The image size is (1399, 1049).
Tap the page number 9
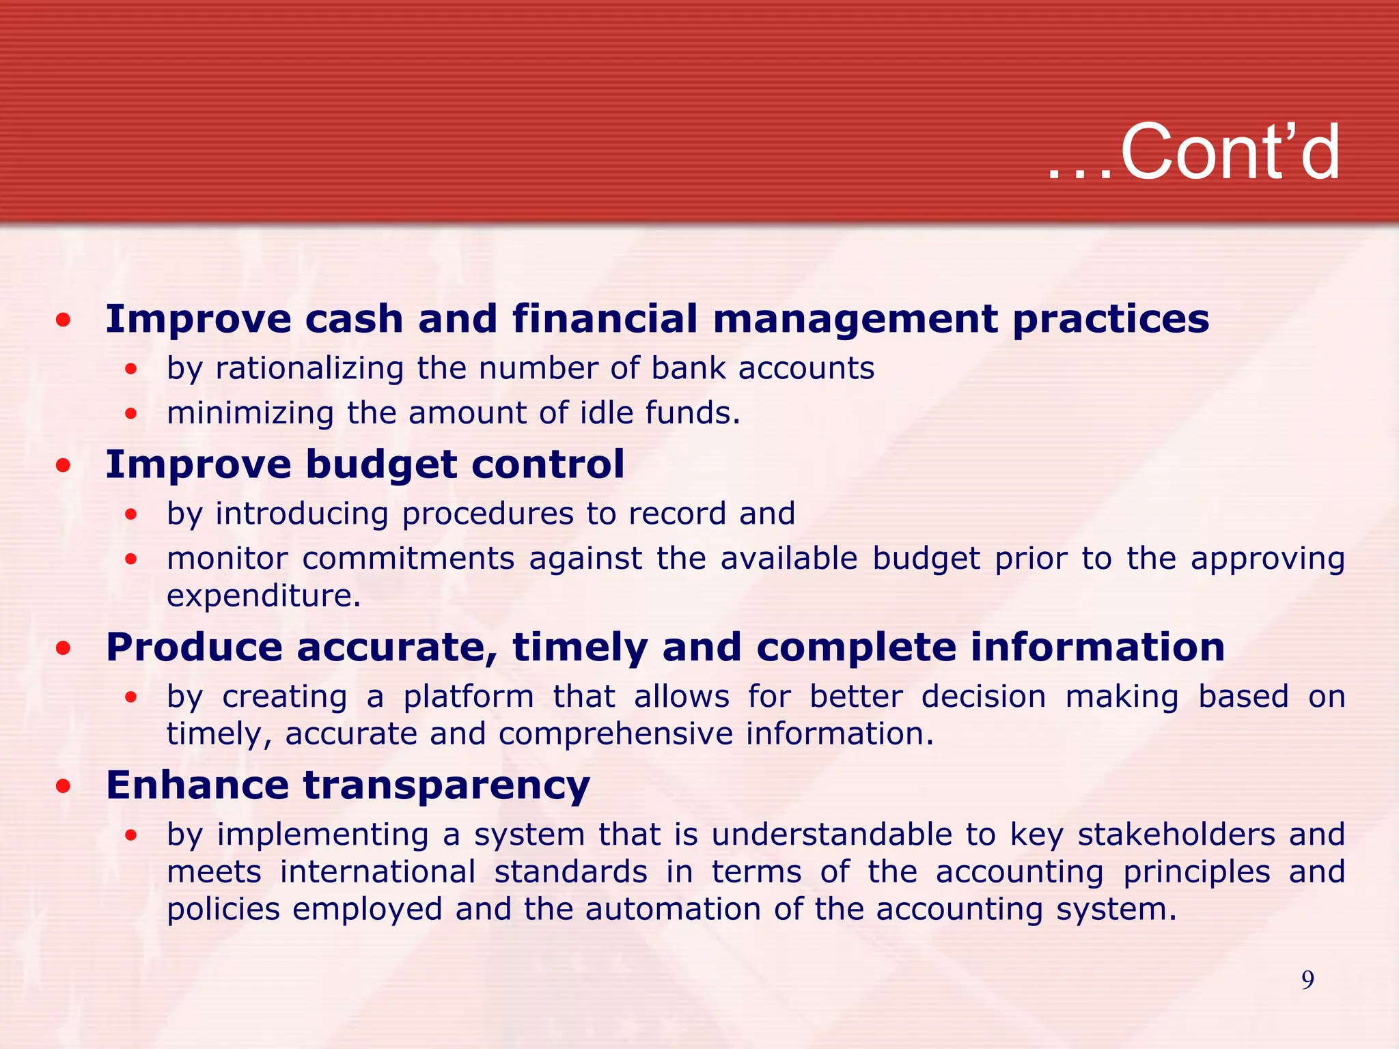(1307, 980)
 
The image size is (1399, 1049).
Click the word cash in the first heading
(354, 319)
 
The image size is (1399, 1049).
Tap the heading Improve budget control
(365, 465)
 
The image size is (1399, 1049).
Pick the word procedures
(488, 514)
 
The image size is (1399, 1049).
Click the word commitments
(408, 559)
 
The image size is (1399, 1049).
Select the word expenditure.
(263, 596)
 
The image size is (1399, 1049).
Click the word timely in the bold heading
(579, 648)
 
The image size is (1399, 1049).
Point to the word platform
(469, 697)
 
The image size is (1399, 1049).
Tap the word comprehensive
(617, 734)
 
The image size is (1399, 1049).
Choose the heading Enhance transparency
(348, 785)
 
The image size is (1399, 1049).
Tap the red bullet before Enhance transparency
(64, 786)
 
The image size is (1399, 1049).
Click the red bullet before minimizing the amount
(131, 414)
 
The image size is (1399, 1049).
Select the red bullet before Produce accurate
(64, 648)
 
